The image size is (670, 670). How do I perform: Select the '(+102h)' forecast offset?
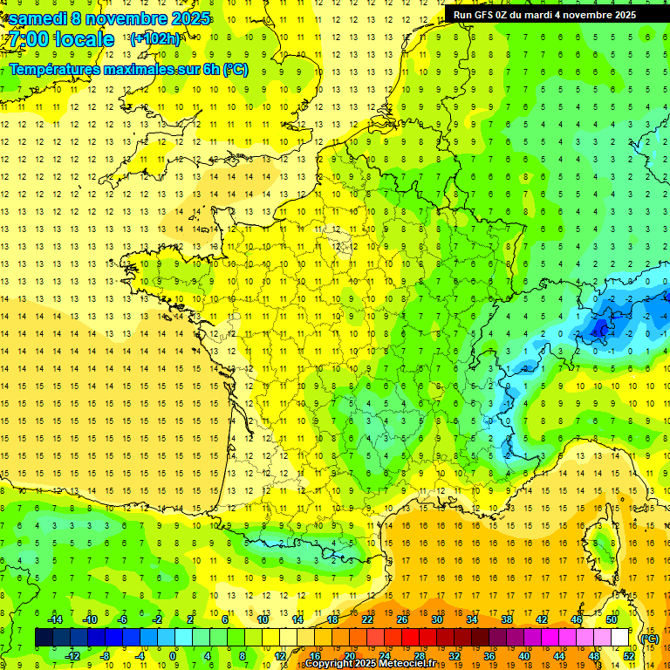click(154, 38)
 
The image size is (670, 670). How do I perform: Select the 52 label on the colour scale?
click(628, 656)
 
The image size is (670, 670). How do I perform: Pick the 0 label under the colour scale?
click(173, 656)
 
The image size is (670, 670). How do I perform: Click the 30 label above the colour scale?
click(436, 619)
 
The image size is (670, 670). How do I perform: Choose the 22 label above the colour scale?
click(367, 619)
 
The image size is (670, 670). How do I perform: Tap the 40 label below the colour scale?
click(523, 656)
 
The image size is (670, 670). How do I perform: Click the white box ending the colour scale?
click(619, 638)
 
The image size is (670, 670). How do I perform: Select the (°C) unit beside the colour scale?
click(649, 638)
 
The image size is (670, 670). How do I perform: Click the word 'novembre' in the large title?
click(128, 18)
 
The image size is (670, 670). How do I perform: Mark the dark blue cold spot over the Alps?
click(599, 328)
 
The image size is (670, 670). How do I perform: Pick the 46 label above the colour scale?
click(576, 619)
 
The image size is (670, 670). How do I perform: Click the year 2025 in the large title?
click(191, 18)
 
